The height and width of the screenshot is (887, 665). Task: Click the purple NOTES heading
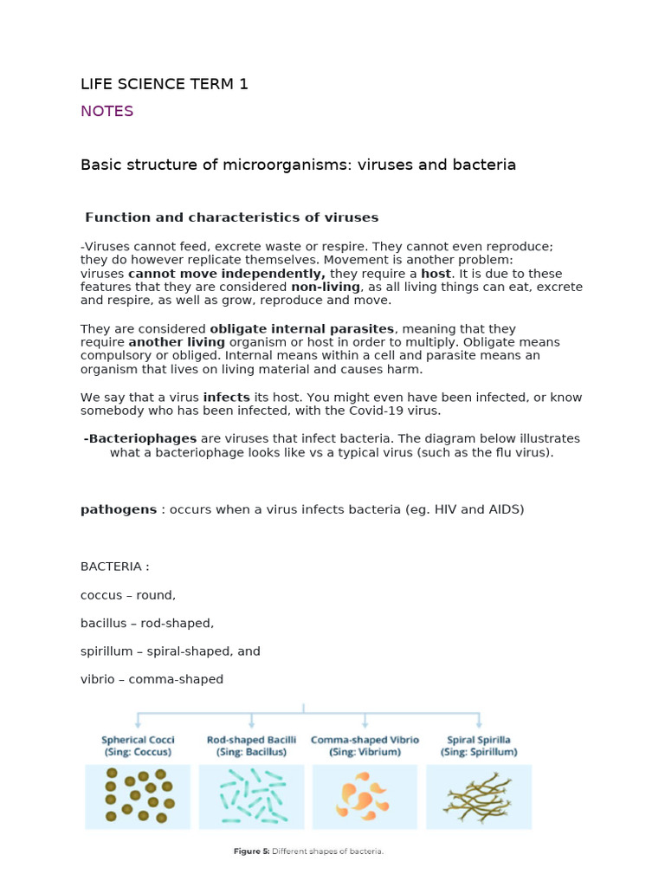pos(107,111)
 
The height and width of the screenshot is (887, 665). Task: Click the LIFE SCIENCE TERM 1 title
pos(165,84)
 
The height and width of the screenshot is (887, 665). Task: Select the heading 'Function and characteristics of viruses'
pos(231,217)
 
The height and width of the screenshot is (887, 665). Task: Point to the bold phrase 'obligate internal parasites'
pos(302,329)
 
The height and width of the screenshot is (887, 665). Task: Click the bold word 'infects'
pos(226,397)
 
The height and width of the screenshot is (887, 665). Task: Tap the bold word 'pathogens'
pos(119,509)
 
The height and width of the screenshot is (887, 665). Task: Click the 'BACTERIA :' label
pos(115,567)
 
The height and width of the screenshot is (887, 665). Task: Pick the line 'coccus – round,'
pos(128,595)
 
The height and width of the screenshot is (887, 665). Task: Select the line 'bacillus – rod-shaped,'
pos(147,623)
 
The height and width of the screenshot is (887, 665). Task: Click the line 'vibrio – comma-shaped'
pos(152,679)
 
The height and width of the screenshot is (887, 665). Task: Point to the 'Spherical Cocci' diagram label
pos(138,740)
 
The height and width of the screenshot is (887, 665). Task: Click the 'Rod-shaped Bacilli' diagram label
pos(251,740)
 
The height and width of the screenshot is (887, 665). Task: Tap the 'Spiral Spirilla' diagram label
pos(478,740)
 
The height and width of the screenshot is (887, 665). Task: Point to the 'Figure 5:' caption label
pos(251,851)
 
